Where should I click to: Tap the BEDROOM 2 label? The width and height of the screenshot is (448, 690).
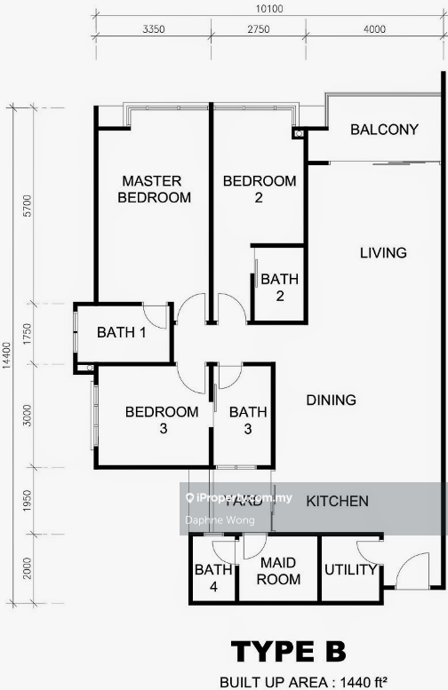click(259, 189)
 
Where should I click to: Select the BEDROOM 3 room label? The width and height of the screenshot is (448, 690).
click(161, 420)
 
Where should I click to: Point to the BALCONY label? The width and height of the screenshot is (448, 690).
click(384, 130)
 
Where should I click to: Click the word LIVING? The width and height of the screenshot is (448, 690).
click(383, 253)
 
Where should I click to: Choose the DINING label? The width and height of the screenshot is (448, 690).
click(332, 401)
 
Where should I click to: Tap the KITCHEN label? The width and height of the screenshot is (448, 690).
click(337, 502)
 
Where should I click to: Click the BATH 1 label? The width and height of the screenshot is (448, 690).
click(121, 333)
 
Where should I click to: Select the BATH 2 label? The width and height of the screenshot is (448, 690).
click(279, 288)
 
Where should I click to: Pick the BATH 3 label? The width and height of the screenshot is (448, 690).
click(248, 420)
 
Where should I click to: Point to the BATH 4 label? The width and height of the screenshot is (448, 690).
click(213, 578)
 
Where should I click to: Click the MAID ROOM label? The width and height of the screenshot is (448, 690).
click(279, 571)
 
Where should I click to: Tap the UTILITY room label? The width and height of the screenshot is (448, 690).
click(350, 570)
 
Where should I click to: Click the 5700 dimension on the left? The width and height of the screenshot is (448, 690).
click(28, 205)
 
